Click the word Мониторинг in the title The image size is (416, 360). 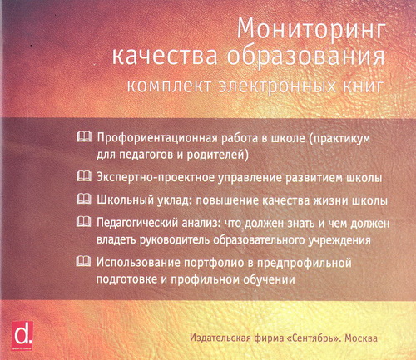[x=311, y=31]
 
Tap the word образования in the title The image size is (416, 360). [x=306, y=57]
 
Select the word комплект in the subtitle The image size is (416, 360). [x=169, y=86]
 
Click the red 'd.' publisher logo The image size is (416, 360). [x=22, y=336]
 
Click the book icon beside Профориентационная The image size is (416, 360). [x=83, y=136]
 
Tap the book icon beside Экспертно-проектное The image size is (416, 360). [x=83, y=176]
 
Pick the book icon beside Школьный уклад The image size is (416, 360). [x=83, y=199]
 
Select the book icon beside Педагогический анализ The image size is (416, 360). [x=83, y=222]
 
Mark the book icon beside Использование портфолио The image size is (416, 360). [x=83, y=261]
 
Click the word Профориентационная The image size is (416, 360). [x=156, y=138]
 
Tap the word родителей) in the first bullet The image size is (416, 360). [x=218, y=155]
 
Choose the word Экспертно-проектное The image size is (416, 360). [x=156, y=178]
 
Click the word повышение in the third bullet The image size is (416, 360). [x=227, y=200]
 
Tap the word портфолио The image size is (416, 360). [x=215, y=263]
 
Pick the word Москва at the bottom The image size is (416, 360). [x=361, y=338]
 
